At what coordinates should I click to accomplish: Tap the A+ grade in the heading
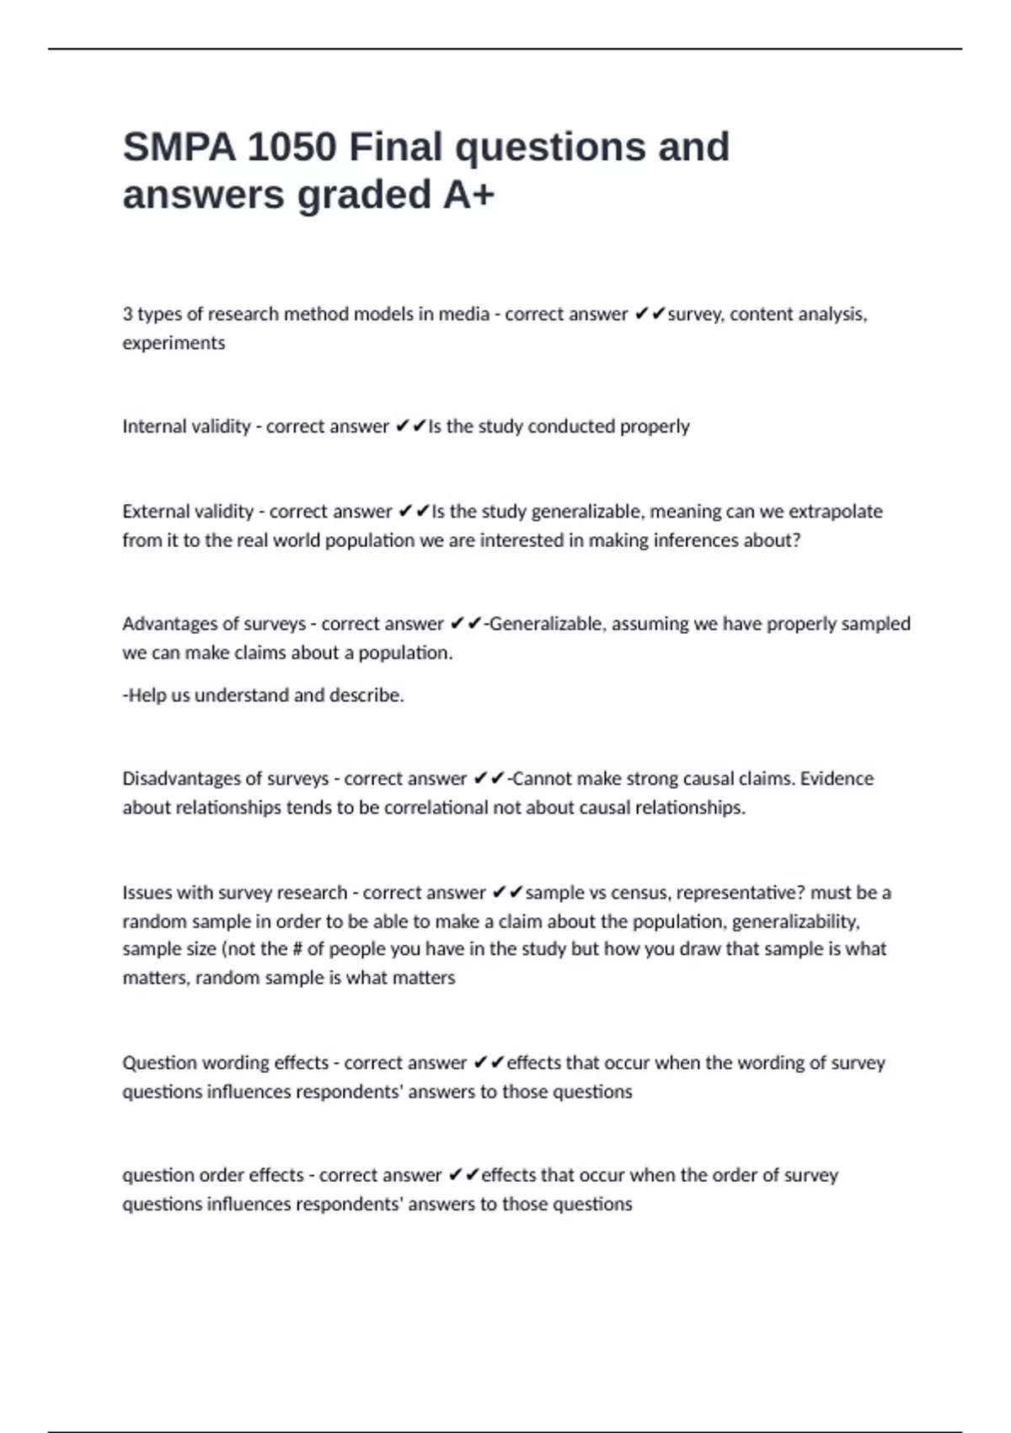click(x=468, y=195)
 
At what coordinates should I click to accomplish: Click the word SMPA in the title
click(x=179, y=148)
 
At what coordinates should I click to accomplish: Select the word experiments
click(x=174, y=343)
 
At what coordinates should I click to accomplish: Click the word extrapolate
click(x=835, y=512)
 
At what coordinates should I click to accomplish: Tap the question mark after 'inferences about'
click(x=795, y=540)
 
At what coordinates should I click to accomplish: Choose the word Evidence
click(x=837, y=779)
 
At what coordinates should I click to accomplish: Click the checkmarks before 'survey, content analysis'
click(x=650, y=314)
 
